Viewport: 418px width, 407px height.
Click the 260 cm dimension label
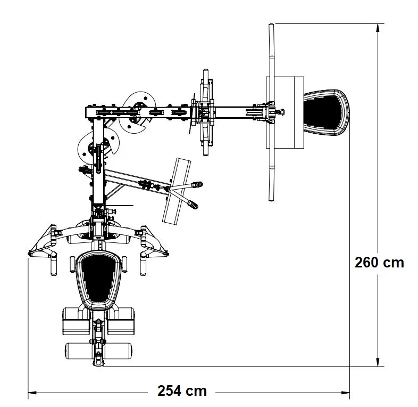point(379,263)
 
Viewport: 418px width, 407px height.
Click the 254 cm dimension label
point(182,391)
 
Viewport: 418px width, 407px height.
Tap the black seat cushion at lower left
point(98,280)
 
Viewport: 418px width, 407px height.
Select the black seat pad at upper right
point(327,112)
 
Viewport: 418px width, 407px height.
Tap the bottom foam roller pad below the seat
point(98,351)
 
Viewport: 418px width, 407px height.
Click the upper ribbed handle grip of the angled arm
point(197,184)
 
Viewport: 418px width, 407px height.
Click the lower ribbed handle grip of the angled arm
point(193,205)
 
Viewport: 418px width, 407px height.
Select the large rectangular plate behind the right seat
point(285,112)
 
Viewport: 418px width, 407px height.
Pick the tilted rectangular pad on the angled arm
point(177,191)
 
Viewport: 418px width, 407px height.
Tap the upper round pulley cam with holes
point(137,112)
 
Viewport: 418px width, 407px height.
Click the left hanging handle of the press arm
point(54,265)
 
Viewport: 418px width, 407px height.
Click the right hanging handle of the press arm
point(143,265)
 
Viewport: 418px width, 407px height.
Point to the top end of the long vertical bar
point(271,25)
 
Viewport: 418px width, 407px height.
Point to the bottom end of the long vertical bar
point(271,200)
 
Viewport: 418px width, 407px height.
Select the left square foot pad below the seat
point(76,321)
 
